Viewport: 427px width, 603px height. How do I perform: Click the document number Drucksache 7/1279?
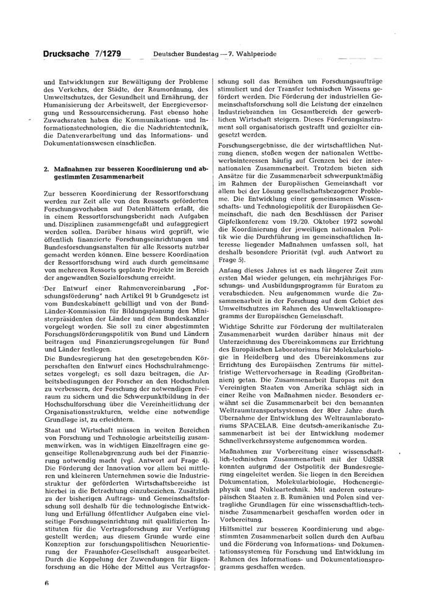click(x=82, y=54)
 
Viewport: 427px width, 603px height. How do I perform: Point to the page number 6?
click(x=46, y=582)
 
